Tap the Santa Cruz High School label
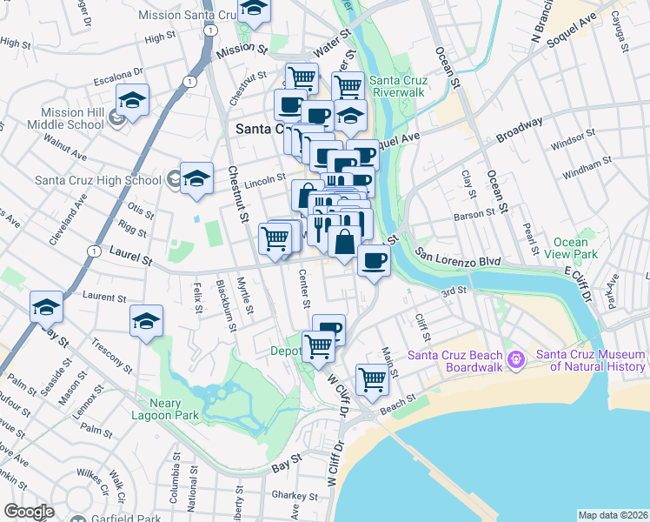point(97,180)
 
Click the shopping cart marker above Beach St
point(372,378)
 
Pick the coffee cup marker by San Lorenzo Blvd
point(374,260)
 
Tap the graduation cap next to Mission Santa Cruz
point(253,9)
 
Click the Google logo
point(29,511)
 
